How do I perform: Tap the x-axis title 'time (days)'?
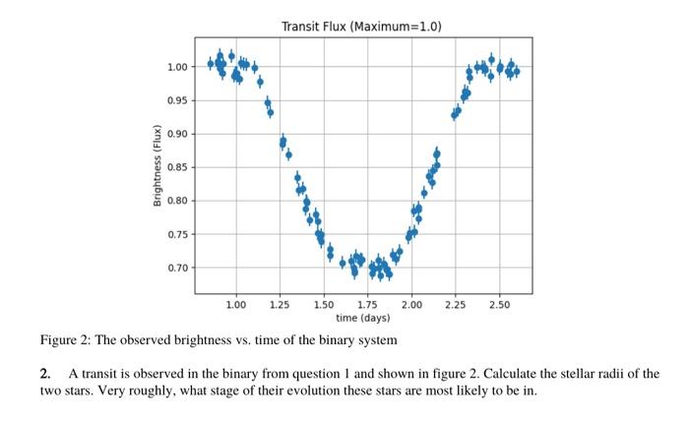click(362, 318)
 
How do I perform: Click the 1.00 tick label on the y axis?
click(177, 67)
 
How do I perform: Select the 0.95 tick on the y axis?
click(177, 100)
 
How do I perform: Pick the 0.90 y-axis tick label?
click(177, 134)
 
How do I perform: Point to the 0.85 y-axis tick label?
click(177, 167)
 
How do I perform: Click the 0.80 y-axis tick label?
click(177, 201)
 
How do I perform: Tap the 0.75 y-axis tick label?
click(177, 234)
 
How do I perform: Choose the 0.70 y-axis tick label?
click(177, 268)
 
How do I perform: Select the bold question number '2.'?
click(45, 375)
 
